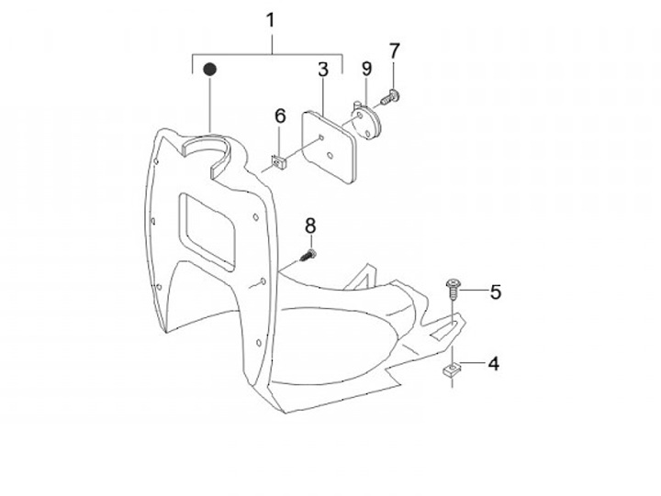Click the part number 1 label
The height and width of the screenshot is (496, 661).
tap(270, 20)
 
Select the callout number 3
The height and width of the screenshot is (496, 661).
tap(323, 70)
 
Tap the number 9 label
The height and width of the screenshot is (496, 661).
tap(365, 70)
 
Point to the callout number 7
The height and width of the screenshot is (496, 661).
tap(395, 50)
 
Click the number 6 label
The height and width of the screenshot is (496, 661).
tap(281, 116)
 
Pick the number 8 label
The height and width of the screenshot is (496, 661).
tap(310, 225)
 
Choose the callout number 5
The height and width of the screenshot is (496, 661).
tap(496, 292)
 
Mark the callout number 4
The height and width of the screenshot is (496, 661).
tap(493, 364)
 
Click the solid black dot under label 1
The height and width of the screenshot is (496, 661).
tap(209, 70)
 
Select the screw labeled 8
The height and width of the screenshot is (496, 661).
tap(308, 253)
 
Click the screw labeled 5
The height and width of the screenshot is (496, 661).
tap(454, 290)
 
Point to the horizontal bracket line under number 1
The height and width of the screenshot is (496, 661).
tap(266, 56)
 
